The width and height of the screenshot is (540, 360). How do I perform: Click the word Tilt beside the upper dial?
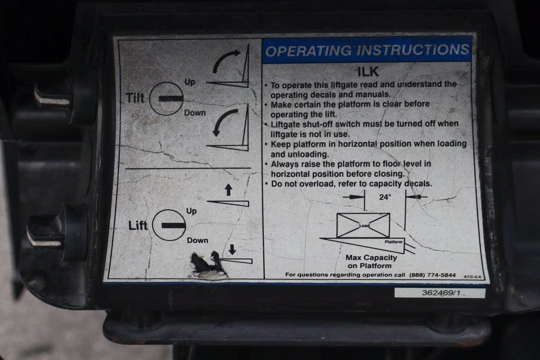(135, 98)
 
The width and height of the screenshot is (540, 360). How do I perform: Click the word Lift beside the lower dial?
(138, 226)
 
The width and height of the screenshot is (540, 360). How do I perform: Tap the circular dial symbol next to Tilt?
(167, 99)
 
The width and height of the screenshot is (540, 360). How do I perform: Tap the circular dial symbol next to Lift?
(169, 226)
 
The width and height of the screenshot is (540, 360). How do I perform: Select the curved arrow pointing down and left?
(222, 121)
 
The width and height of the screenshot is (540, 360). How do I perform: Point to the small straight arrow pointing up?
(228, 190)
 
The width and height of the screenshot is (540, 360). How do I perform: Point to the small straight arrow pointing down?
(232, 249)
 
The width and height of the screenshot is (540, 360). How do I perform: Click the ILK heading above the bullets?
(368, 72)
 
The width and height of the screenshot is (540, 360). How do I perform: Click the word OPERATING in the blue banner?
(308, 51)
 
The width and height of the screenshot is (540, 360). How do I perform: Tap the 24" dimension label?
(385, 197)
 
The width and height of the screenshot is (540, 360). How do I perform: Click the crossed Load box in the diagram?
(363, 226)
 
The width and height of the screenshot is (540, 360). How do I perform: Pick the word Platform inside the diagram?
(393, 242)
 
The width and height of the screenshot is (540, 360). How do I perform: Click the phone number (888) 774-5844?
(432, 275)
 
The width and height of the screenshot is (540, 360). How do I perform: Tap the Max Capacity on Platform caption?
(371, 261)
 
